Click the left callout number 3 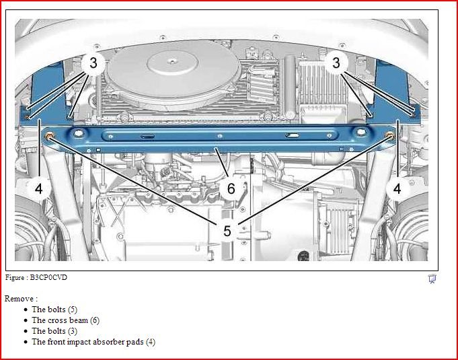(x=93, y=63)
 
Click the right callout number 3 (x=336, y=63)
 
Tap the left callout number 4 (x=39, y=189)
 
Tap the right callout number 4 (x=397, y=189)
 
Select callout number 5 (x=227, y=231)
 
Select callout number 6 (x=231, y=188)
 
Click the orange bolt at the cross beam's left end (x=49, y=136)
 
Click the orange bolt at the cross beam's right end (x=389, y=135)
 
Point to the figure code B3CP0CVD (x=48, y=277)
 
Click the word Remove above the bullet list (x=19, y=299)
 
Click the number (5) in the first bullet (x=73, y=310)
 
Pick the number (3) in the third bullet (x=73, y=331)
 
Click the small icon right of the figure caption (x=432, y=279)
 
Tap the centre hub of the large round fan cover (x=173, y=61)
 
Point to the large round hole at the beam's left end (x=79, y=133)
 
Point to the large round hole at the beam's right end (x=361, y=132)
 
